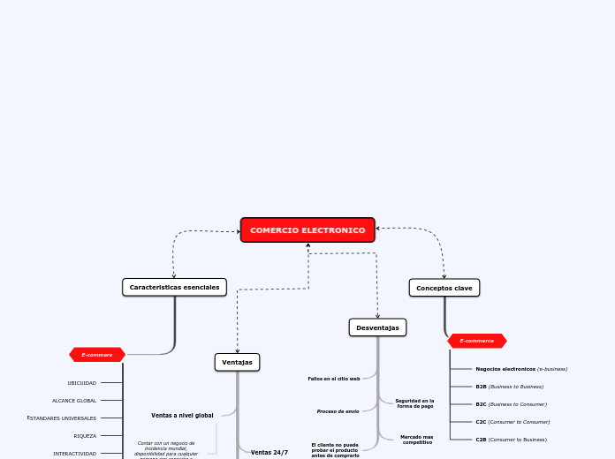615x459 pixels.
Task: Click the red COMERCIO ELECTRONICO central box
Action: tap(307, 230)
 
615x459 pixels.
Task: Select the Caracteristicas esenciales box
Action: tap(174, 287)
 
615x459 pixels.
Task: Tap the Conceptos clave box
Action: tap(444, 288)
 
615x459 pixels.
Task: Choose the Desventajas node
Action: tap(377, 327)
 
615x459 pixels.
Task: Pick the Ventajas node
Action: tap(237, 362)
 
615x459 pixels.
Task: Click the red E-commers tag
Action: tap(97, 355)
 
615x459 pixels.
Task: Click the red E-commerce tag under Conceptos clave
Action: tap(477, 341)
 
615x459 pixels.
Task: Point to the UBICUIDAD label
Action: tap(82, 383)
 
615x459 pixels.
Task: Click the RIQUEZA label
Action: tap(85, 436)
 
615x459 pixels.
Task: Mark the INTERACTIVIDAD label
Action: tap(75, 454)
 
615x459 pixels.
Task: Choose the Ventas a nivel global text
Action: tap(182, 415)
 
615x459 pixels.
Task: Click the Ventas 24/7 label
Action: tap(270, 452)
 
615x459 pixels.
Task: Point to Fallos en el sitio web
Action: tap(334, 379)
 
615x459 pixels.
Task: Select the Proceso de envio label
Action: tap(338, 411)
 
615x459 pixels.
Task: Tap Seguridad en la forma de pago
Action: tap(414, 403)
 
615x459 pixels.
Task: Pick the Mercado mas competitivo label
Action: tap(416, 439)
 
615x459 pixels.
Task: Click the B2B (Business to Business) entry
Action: tap(510, 387)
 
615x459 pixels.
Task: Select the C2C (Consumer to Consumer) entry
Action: tap(512, 422)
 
